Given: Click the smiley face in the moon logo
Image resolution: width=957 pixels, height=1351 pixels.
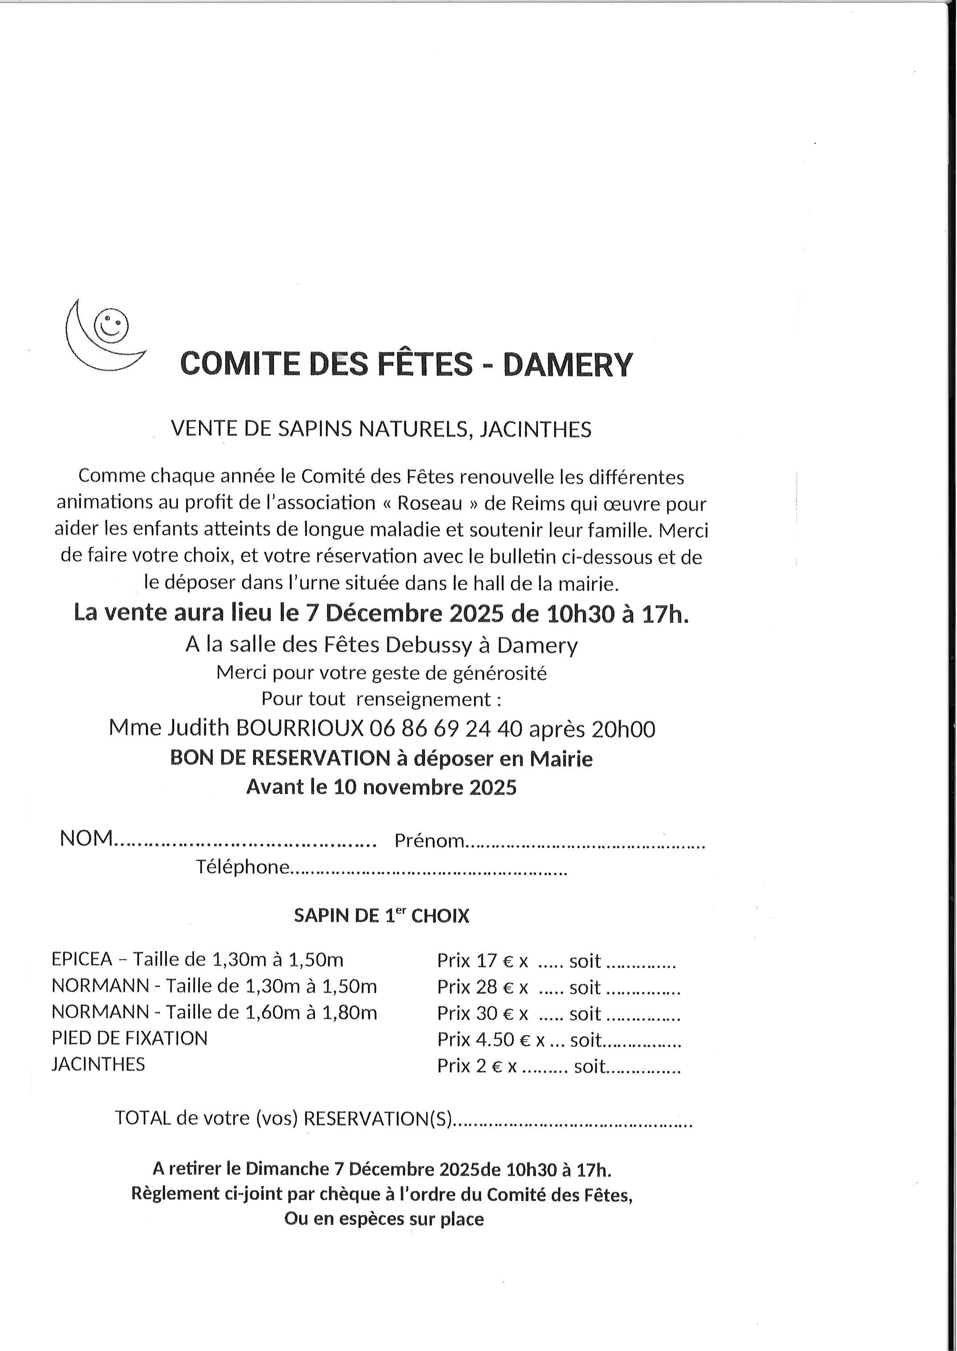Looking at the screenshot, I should pyautogui.click(x=112, y=323).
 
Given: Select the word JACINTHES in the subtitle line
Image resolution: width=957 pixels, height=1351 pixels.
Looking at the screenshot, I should pyautogui.click(x=535, y=429).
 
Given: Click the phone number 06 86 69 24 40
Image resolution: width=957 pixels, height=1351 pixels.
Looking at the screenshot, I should pyautogui.click(x=446, y=729).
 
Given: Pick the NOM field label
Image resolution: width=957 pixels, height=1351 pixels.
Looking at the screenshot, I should pyautogui.click(x=86, y=838).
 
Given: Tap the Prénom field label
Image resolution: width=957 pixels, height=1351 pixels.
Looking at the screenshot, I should pyautogui.click(x=429, y=840).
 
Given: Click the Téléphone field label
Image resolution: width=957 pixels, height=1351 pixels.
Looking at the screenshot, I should pyautogui.click(x=243, y=867).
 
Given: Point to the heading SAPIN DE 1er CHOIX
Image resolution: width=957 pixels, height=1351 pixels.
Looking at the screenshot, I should pyautogui.click(x=381, y=916).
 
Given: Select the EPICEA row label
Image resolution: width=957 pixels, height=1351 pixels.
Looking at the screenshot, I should pyautogui.click(x=82, y=959).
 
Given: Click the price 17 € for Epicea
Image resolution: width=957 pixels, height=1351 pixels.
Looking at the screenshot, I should pyautogui.click(x=494, y=961).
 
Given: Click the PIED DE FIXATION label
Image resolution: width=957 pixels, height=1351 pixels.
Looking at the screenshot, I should pyautogui.click(x=130, y=1038).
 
